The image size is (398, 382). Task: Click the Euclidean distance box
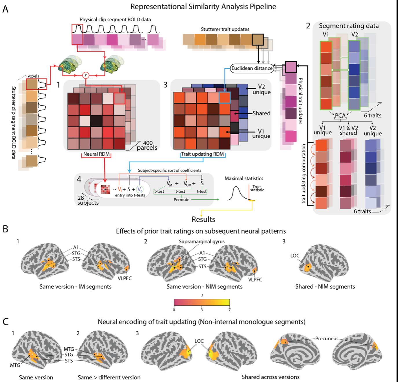coord(252,68)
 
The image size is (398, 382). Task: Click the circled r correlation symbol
coord(85,75)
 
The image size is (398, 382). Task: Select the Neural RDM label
coord(96,154)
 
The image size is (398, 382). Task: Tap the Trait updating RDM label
coord(203,154)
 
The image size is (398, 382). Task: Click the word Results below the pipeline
coord(203,219)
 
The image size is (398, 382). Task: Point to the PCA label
coord(340,115)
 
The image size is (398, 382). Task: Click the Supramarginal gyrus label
coord(201,241)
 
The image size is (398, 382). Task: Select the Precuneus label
coord(327,338)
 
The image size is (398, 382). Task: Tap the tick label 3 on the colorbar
coord(202,310)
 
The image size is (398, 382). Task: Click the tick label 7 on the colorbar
coord(230,310)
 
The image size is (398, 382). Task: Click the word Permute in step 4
coord(181,200)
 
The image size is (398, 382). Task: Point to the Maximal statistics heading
coord(244,179)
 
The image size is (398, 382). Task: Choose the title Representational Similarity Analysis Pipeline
coord(203,7)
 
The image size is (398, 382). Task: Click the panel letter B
coord(5,229)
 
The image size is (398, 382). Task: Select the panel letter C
coord(5,322)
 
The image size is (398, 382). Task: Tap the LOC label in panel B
coord(295,256)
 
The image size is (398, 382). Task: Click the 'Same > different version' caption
coord(109,377)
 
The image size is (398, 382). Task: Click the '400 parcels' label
coord(147,145)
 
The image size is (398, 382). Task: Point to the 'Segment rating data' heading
coord(349,26)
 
